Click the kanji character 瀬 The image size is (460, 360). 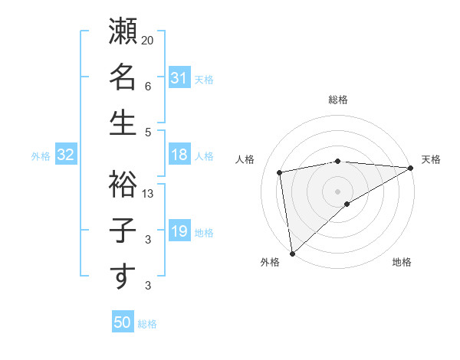point(123,34)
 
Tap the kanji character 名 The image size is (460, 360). point(123,78)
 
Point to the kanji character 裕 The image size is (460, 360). point(123,184)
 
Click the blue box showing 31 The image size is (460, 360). point(179,78)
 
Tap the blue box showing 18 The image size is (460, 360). point(179,155)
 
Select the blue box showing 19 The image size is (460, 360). point(179,231)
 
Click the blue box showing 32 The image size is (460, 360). point(66,155)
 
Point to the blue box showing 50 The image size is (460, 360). point(122,322)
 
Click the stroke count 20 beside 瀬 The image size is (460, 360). point(148,40)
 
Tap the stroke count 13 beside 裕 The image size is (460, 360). point(148,193)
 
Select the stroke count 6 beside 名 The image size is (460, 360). point(148,87)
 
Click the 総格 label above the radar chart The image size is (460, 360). point(338,100)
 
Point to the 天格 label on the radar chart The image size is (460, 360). point(431,159)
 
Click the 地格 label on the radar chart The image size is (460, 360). point(402,263)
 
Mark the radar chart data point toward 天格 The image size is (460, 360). point(410,168)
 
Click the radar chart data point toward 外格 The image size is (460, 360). point(292,252)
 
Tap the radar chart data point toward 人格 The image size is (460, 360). point(281,172)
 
